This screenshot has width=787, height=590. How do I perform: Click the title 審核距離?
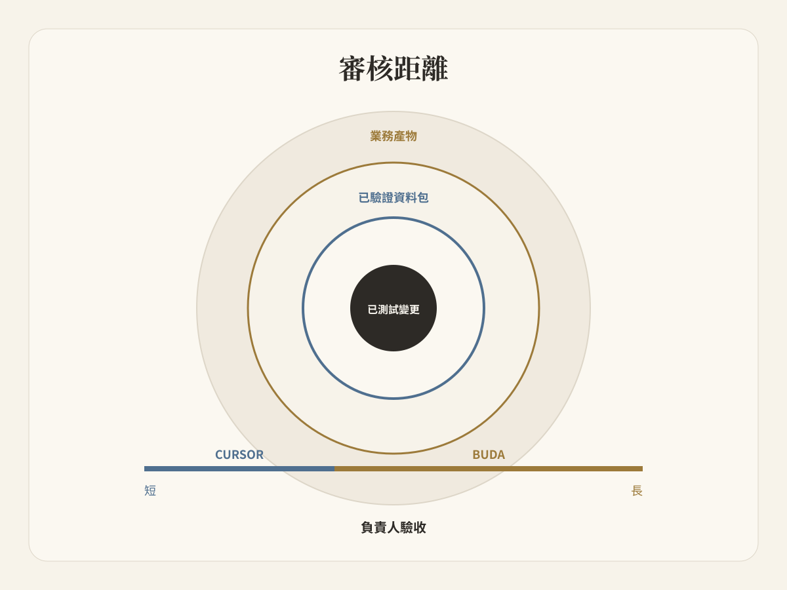[393, 68]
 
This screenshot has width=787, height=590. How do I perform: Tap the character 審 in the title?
[352, 68]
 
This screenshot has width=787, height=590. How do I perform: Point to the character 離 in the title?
[435, 68]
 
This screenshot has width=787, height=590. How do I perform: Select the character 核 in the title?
[380, 68]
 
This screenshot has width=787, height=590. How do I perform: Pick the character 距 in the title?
[407, 68]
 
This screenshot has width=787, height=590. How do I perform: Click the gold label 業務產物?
[393, 136]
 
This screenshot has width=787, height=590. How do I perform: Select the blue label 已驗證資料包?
[393, 197]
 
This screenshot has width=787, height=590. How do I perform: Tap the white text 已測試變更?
[393, 309]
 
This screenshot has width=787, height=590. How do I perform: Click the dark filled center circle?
[393, 308]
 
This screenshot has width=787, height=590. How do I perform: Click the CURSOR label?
[239, 454]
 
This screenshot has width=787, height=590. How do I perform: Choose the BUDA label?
[489, 454]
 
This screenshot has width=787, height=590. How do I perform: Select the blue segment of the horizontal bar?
[239, 469]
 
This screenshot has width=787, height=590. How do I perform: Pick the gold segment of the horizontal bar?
[489, 469]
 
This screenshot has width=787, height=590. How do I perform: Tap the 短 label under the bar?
[150, 490]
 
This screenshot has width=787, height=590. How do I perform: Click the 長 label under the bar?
[637, 490]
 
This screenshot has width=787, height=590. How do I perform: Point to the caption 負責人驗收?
[393, 527]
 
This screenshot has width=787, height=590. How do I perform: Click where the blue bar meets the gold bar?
[334, 469]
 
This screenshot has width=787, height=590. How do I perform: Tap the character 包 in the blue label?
[423, 197]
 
